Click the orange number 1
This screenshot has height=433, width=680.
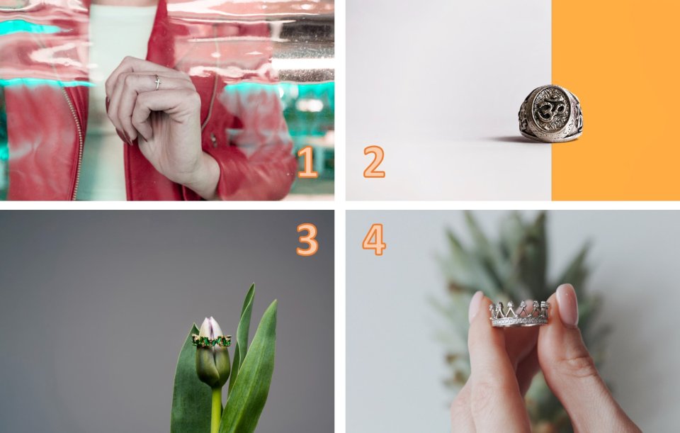(308, 162)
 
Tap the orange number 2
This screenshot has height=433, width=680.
(374, 162)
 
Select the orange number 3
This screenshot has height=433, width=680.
(307, 240)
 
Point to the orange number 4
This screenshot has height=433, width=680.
(374, 240)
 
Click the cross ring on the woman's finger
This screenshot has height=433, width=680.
(157, 82)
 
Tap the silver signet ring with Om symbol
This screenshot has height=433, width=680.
(550, 113)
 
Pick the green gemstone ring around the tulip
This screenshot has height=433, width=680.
(212, 341)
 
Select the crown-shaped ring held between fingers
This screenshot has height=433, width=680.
(519, 314)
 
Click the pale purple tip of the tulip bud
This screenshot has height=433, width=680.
(210, 327)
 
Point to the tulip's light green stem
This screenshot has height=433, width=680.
(216, 410)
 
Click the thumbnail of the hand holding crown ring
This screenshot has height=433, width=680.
(567, 305)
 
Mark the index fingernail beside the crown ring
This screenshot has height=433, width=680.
(475, 307)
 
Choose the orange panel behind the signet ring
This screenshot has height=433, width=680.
(616, 100)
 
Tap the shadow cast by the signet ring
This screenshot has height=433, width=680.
(505, 140)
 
